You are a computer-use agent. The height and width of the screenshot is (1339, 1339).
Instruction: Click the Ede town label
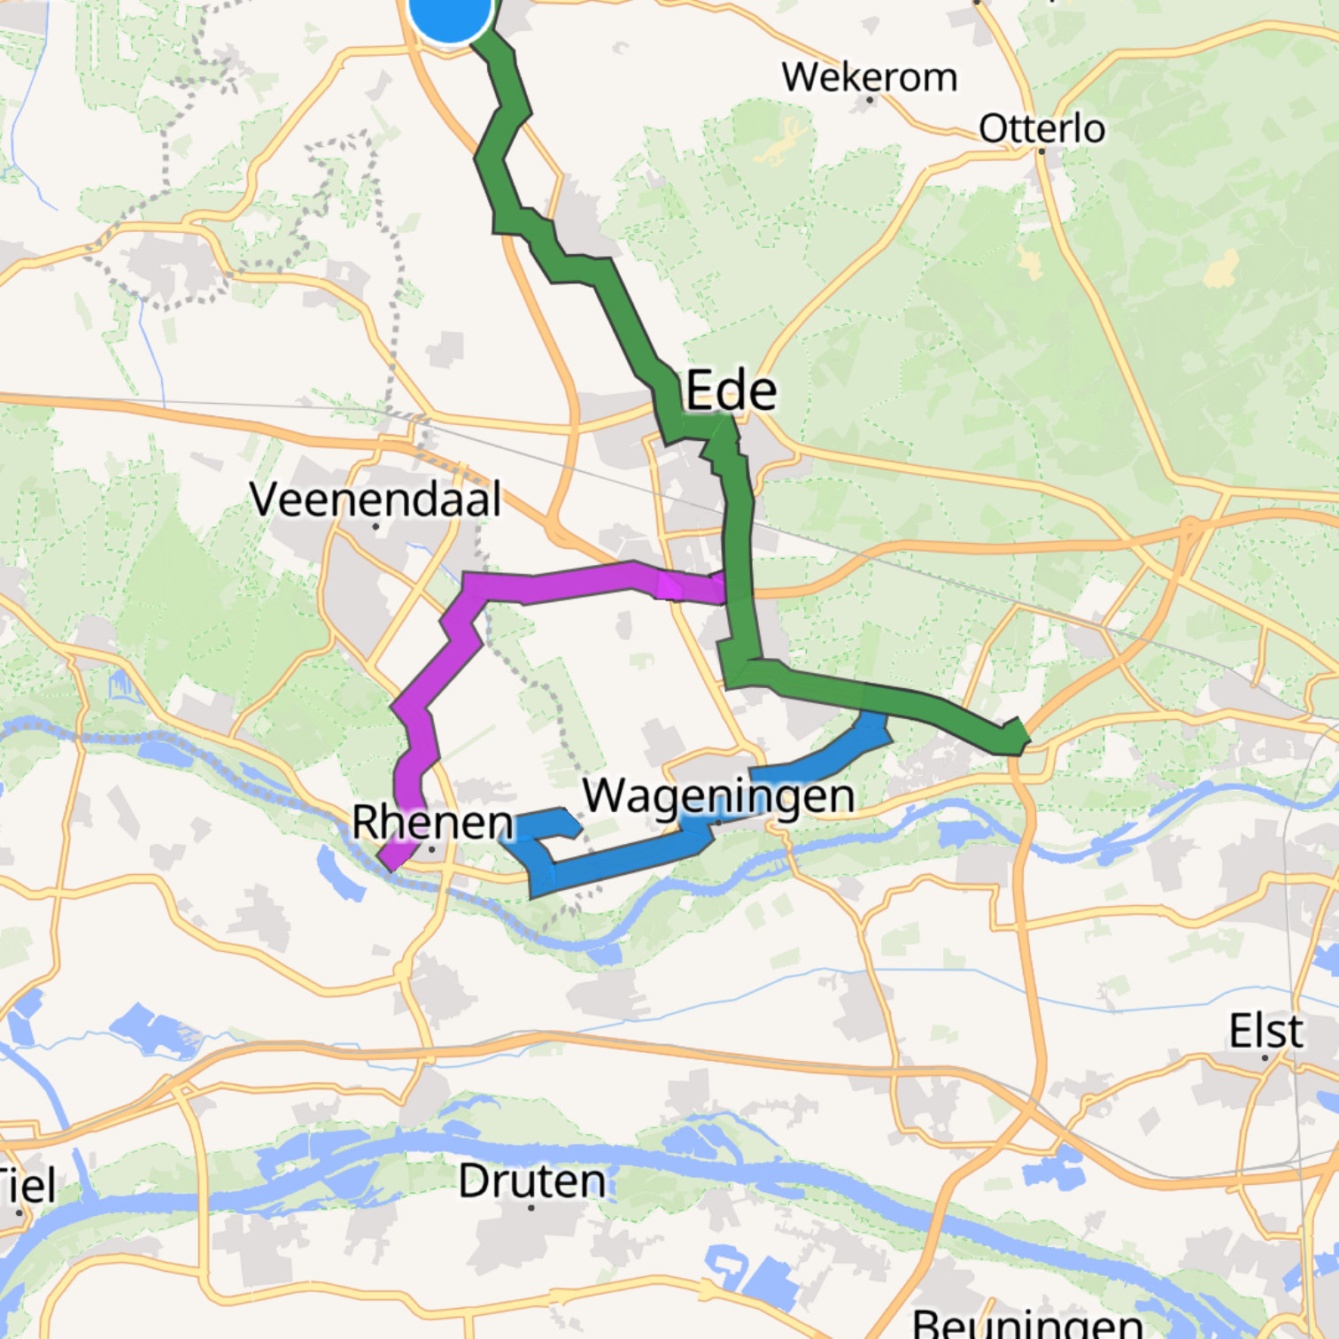pyautogui.click(x=731, y=391)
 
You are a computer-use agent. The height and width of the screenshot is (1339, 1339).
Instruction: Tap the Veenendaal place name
pyautogui.click(x=375, y=499)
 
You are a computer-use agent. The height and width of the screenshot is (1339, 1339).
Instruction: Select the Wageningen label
pyautogui.click(x=718, y=794)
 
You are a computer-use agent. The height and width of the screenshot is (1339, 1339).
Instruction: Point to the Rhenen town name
pyautogui.click(x=432, y=822)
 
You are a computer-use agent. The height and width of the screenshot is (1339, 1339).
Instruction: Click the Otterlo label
pyautogui.click(x=1041, y=129)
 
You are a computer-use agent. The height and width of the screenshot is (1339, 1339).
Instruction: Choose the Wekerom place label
pyautogui.click(x=869, y=77)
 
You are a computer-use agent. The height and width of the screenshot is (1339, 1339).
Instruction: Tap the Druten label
pyautogui.click(x=531, y=1180)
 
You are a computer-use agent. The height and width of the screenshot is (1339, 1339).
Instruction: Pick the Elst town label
pyautogui.click(x=1265, y=1031)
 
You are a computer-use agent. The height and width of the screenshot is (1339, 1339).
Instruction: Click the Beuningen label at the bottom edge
pyautogui.click(x=1027, y=1324)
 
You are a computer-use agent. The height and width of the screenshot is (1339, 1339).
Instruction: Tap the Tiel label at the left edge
pyautogui.click(x=27, y=1185)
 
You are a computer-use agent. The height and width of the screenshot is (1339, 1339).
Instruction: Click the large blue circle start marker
pyautogui.click(x=450, y=11)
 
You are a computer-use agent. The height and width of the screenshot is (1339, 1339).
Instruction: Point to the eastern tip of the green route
pyautogui.click(x=1026, y=737)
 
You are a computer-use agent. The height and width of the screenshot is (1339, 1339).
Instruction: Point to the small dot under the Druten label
pyautogui.click(x=531, y=1207)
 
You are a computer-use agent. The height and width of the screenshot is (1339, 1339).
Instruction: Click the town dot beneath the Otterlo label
pyautogui.click(x=1041, y=151)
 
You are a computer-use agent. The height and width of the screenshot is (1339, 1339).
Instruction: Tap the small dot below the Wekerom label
pyautogui.click(x=870, y=100)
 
